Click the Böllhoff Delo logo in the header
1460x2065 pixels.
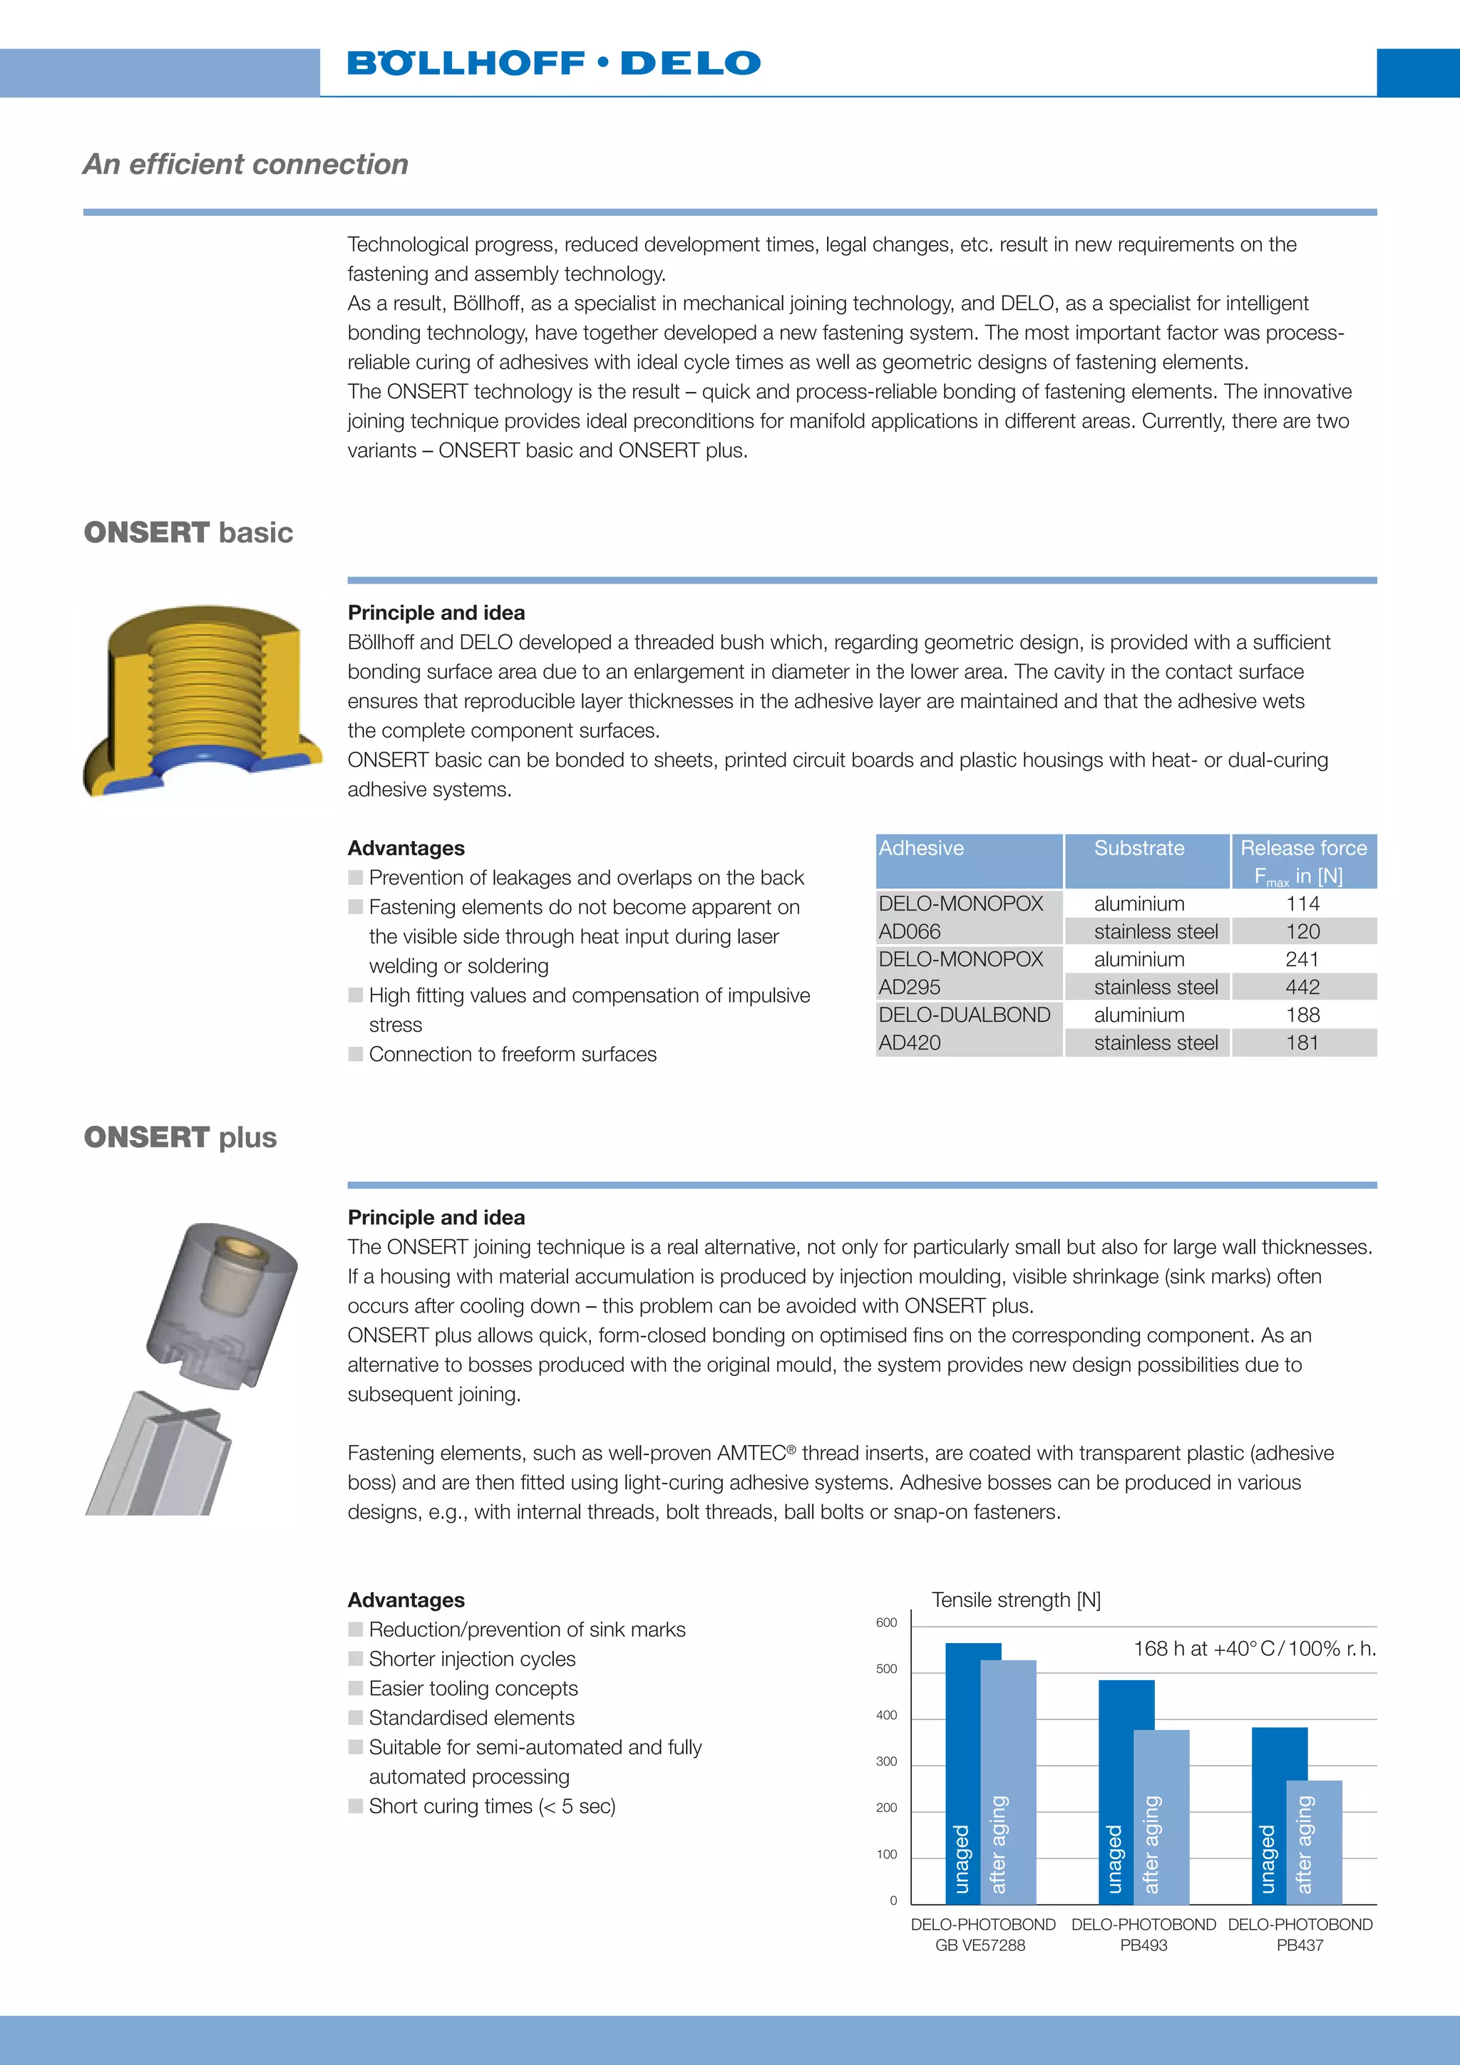tap(553, 63)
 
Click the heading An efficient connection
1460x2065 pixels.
tap(245, 165)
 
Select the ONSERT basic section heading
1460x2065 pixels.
tap(188, 532)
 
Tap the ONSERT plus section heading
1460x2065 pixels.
tap(180, 1138)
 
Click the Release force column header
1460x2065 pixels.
tap(1302, 860)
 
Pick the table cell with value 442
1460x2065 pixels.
tap(1302, 987)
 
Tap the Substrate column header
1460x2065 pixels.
tap(1139, 848)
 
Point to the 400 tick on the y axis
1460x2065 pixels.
tap(886, 1716)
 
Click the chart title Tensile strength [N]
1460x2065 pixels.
tap(1016, 1600)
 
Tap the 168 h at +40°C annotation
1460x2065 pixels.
tap(1254, 1649)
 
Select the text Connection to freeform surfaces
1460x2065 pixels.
tap(513, 1054)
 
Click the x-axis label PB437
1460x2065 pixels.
tap(1299, 1945)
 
